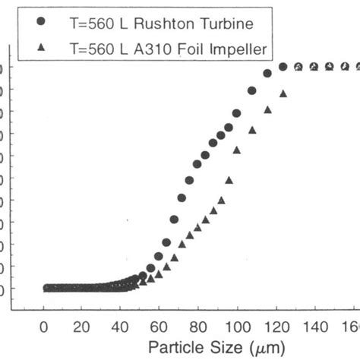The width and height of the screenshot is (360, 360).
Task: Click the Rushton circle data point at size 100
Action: (x=236, y=113)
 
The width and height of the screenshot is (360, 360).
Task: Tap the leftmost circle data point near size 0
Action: (x=46, y=288)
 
